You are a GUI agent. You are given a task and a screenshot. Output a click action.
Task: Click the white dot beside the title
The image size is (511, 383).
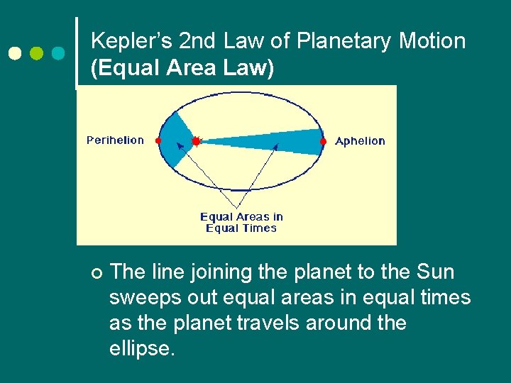(x=15, y=54)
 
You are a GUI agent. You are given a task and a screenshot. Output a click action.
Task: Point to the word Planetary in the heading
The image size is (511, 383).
(x=344, y=41)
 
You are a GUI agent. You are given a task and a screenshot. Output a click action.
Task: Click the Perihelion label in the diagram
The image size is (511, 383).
(x=115, y=140)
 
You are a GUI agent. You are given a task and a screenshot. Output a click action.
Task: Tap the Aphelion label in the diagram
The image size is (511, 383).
(x=360, y=141)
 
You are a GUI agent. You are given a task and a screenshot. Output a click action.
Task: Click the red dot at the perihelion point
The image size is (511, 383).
(x=158, y=141)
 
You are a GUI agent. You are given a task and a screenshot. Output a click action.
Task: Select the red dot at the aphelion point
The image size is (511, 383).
(x=323, y=141)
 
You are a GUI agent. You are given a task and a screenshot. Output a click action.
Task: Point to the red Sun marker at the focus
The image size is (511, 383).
(x=197, y=141)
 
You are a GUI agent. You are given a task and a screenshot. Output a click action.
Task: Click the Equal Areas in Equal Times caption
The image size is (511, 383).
(x=241, y=222)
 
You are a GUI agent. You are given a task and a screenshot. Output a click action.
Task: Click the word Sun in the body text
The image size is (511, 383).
(x=435, y=272)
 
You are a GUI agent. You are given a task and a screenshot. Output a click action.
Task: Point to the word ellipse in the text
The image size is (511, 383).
(x=141, y=348)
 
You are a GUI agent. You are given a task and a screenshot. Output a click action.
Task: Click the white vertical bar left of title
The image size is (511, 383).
(x=77, y=54)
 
